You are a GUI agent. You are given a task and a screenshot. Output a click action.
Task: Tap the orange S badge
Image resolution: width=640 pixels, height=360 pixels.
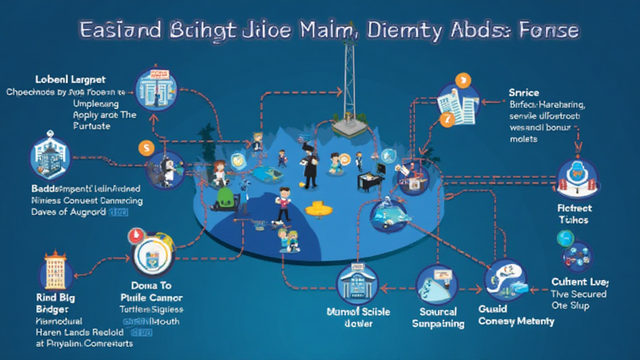[146, 149]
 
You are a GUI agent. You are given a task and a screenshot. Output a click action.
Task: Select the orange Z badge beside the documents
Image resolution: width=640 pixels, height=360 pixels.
[446, 119]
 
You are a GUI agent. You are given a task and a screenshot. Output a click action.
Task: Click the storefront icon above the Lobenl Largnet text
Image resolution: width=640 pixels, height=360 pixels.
[156, 89]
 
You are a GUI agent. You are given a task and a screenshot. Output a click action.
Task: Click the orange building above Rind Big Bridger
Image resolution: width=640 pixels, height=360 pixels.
[56, 271]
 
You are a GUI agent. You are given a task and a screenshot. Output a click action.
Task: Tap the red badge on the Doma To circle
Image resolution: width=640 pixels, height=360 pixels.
[134, 235]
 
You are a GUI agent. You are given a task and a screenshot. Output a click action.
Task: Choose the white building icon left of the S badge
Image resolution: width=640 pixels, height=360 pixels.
[51, 159]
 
